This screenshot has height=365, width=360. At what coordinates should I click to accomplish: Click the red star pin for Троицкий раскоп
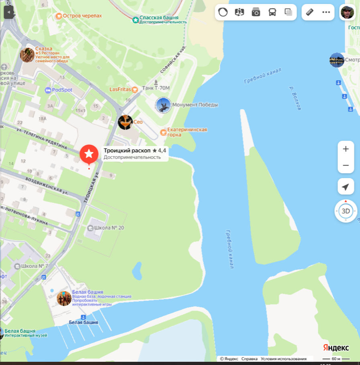coord(89,154)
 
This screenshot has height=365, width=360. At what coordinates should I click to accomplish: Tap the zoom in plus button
coord(346,149)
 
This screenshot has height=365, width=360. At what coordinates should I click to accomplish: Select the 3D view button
coord(346,211)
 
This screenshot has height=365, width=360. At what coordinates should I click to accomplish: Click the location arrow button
coord(346,187)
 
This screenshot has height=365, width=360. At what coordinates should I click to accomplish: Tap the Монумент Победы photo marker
coord(163,105)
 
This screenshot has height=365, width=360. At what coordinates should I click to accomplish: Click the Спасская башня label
coord(159,18)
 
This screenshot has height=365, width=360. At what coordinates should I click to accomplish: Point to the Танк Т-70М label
coord(157,88)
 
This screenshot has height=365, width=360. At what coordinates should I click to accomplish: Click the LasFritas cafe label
coord(120,89)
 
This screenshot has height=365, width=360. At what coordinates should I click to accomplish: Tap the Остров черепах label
coord(82,16)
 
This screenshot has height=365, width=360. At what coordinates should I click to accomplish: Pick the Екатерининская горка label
coord(187,132)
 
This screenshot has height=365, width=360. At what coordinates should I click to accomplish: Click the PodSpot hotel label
coord(62,90)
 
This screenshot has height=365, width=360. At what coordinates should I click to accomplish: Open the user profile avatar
coord(347,12)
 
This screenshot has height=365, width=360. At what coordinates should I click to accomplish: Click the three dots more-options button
coord(326,12)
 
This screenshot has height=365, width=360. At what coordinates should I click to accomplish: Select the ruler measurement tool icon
coord(310,12)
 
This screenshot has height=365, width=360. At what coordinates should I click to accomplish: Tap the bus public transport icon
coord(272,12)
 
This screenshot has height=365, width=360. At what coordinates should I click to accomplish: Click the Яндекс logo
coord(336,348)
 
